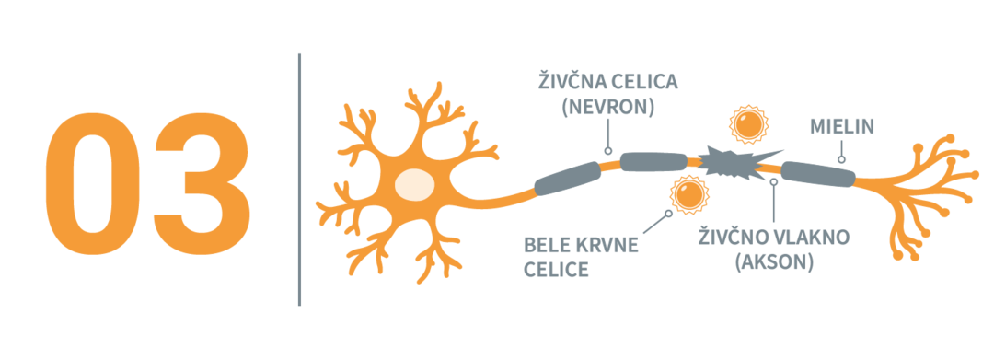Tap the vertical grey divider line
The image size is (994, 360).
pyautogui.click(x=299, y=179)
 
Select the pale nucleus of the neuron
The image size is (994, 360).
pyautogui.click(x=414, y=184)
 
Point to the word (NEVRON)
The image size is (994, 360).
pyautogui.click(x=607, y=107)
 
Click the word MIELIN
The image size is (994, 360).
pyautogui.click(x=841, y=127)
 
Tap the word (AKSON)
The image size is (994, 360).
pyautogui.click(x=774, y=261)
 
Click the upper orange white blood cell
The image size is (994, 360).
pyautogui.click(x=748, y=123)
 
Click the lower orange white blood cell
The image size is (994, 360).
pyautogui.click(x=688, y=193)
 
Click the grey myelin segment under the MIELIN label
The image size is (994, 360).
pyautogui.click(x=817, y=173)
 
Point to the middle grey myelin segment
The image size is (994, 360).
pyautogui.click(x=653, y=162)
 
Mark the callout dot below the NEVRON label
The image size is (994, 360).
pyautogui.click(x=607, y=150)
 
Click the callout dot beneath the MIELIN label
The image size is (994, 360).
pyautogui.click(x=841, y=158)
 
